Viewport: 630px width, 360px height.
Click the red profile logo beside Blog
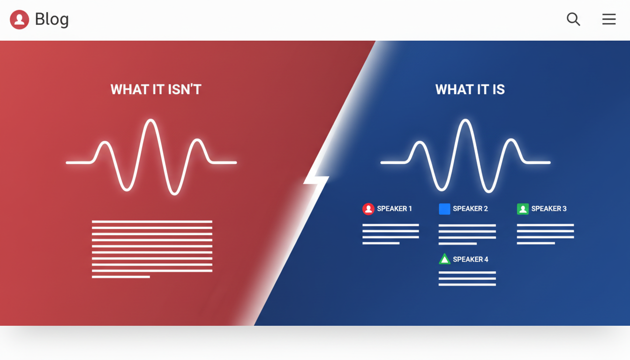pos(20,20)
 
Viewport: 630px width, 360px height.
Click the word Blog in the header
pos(52,19)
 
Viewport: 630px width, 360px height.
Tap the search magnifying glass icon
pos(573,19)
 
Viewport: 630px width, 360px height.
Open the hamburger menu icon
pos(609,19)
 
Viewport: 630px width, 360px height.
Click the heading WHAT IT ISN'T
pos(156,90)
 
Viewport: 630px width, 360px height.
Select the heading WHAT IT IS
pos(470,90)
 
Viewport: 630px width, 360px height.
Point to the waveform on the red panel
pos(151,157)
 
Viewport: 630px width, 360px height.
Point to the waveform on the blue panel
pos(465,157)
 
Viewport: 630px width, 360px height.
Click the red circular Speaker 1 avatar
pos(368,209)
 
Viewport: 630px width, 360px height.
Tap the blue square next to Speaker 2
pos(444,209)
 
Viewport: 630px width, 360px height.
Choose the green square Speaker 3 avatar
pos(523,209)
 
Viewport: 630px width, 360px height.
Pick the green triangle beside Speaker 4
pos(444,259)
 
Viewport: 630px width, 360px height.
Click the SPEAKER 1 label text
pos(394,209)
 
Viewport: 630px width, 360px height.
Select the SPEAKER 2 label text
pos(470,209)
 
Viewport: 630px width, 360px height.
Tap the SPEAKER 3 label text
pos(548,209)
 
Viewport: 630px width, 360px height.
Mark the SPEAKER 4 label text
pos(470,260)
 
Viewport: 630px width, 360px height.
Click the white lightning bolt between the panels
pos(316,180)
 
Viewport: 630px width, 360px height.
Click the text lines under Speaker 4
pos(467,278)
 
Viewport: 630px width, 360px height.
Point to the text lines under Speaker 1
pos(390,234)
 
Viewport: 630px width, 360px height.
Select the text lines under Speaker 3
pos(545,234)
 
